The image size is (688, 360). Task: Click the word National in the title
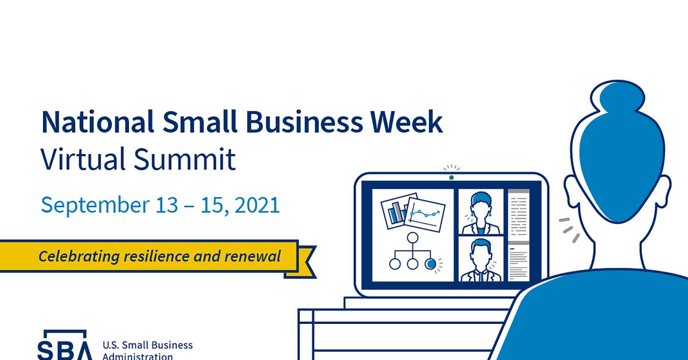[97, 122]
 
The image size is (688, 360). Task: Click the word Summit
[185, 159]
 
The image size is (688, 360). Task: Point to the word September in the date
[95, 205]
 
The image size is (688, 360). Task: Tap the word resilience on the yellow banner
[157, 256]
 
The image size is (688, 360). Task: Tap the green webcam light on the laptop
[452, 178]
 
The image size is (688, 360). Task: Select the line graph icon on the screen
[425, 214]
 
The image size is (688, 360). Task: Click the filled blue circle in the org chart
[431, 264]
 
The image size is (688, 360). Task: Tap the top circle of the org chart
[412, 238]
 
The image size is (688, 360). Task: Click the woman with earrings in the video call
[480, 213]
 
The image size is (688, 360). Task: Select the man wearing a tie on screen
[480, 260]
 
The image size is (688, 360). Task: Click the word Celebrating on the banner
[79, 256]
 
